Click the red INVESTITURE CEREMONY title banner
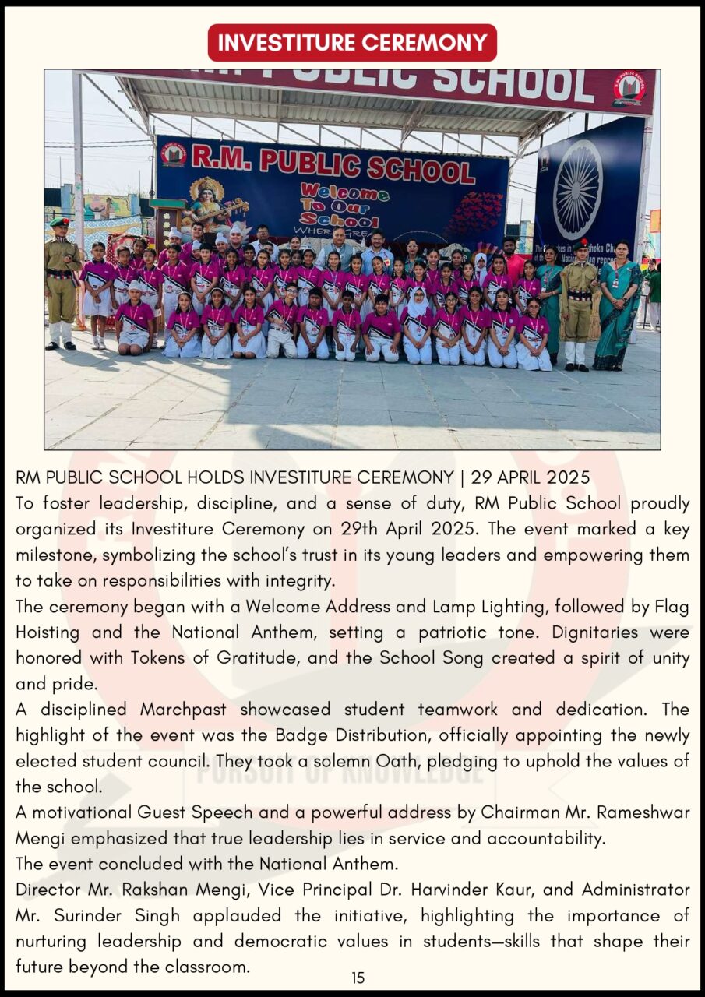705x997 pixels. click(352, 42)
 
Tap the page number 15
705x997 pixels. click(358, 978)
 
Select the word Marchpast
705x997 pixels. click(185, 710)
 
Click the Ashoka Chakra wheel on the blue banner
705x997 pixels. click(577, 189)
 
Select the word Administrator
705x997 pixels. click(636, 890)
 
